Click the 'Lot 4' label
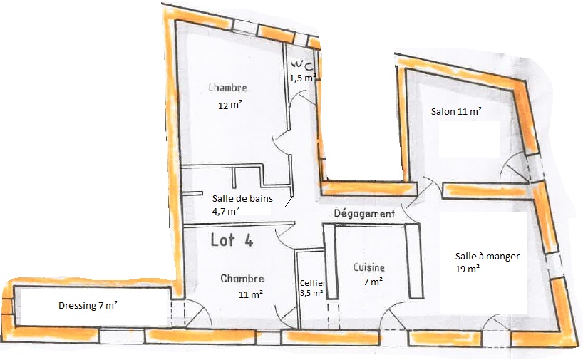(232, 240)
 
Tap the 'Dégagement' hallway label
(364, 214)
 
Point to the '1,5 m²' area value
(303, 78)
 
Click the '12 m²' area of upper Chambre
(230, 106)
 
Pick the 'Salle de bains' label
(242, 199)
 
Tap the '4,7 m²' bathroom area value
(226, 211)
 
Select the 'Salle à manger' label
(487, 256)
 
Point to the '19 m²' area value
(468, 269)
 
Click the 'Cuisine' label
(369, 267)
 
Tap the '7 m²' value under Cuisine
(373, 282)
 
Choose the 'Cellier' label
(313, 284)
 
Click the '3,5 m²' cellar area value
(311, 293)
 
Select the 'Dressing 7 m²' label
(88, 305)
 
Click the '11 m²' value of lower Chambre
(251, 294)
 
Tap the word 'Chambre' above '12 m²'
(227, 88)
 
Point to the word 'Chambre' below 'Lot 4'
(242, 279)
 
